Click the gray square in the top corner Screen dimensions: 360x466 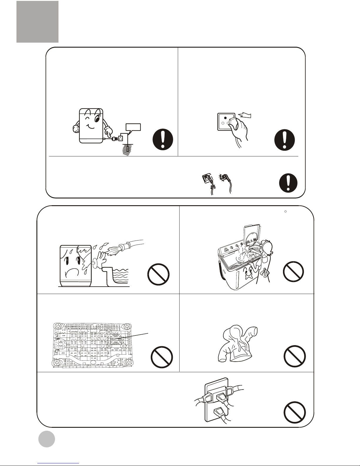tap(38, 22)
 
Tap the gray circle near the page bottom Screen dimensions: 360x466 tap(47, 439)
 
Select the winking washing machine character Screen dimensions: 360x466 tap(91, 126)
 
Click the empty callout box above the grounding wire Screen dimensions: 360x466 tap(133, 127)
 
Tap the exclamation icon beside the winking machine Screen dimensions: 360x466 tap(163, 139)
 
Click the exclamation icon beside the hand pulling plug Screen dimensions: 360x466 tap(284, 140)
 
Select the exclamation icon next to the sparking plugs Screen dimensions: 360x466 tap(288, 183)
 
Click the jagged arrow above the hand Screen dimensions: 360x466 tap(245, 116)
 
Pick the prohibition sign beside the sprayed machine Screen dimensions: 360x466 tap(158, 274)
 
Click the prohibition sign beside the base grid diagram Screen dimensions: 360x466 tap(162, 357)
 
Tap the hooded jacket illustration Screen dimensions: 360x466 tap(238, 344)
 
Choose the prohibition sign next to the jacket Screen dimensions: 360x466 tap(294, 356)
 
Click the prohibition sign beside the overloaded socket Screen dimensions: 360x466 tap(295, 412)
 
